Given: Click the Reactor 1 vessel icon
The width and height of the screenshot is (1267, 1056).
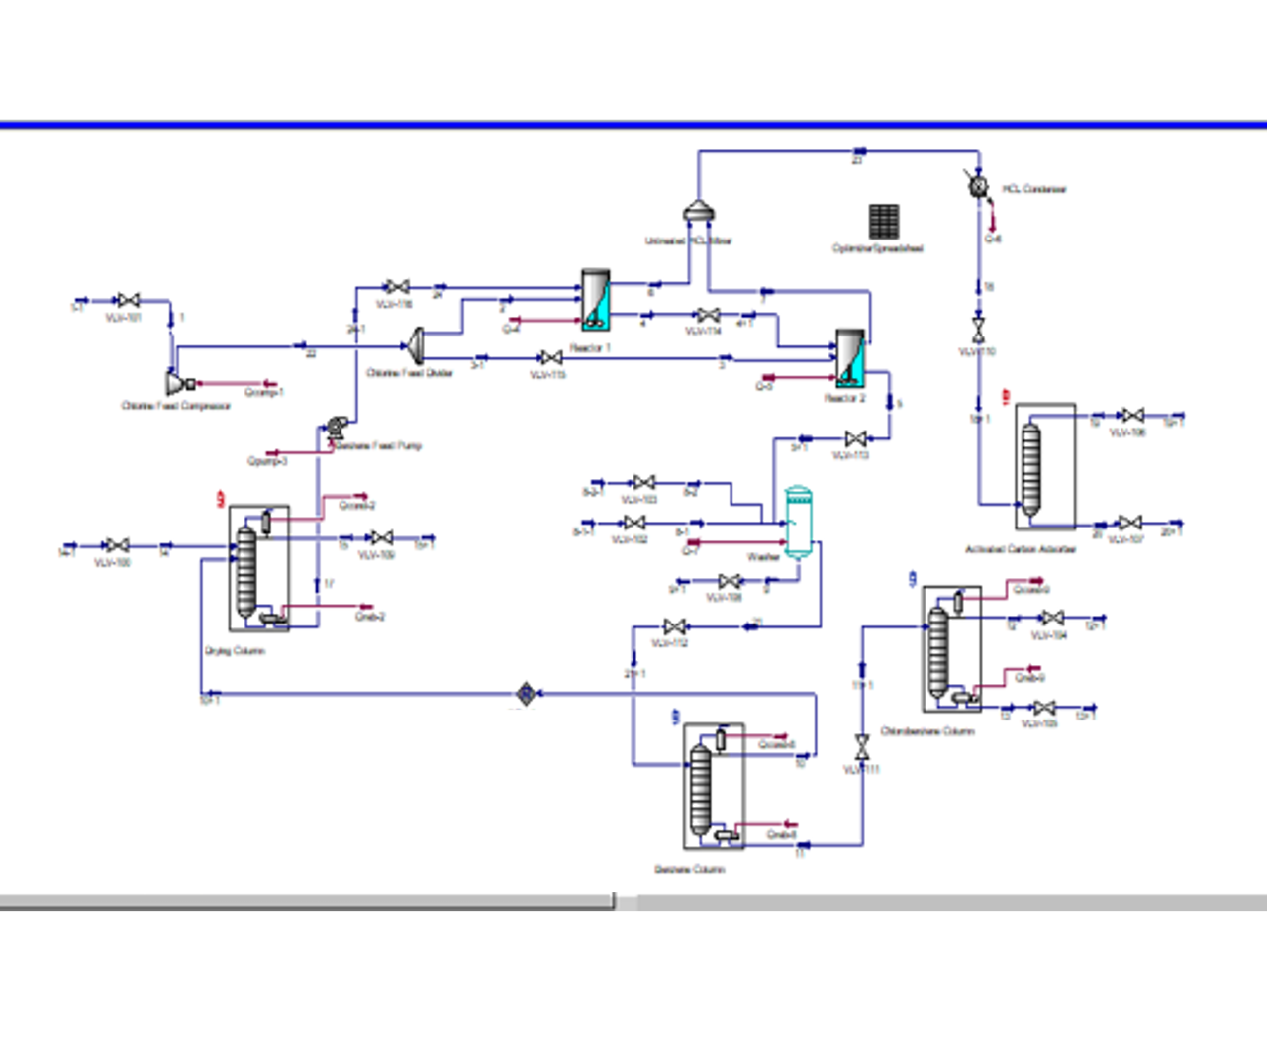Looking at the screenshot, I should (x=595, y=300).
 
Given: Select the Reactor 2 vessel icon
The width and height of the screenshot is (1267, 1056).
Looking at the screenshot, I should (x=850, y=358).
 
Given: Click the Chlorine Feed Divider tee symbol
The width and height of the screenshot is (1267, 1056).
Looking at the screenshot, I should (x=417, y=345).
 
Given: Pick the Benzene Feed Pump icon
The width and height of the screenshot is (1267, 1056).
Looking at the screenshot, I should (x=337, y=428).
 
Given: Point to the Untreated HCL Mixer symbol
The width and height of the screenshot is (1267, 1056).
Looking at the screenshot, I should (x=698, y=212).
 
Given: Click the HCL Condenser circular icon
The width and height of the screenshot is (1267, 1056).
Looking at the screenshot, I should (x=979, y=185).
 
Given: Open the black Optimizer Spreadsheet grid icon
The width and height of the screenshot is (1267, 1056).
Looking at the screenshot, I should (x=884, y=222).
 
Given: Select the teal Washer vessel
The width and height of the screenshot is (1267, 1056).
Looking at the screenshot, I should (x=798, y=521).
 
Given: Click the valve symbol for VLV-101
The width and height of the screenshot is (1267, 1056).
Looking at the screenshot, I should (x=128, y=300).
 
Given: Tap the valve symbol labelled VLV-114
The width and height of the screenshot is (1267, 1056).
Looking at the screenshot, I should (x=708, y=315).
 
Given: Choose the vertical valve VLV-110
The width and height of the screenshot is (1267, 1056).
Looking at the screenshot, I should (x=978, y=329).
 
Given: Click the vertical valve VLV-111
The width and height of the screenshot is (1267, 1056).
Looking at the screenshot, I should (x=862, y=747).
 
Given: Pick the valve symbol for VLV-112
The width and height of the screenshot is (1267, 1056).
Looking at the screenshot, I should (x=675, y=626).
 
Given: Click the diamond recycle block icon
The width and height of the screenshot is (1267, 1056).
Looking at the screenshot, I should (x=526, y=694).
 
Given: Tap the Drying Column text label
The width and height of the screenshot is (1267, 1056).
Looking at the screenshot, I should (x=235, y=651).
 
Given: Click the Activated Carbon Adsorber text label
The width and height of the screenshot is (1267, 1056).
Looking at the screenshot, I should (x=1021, y=549).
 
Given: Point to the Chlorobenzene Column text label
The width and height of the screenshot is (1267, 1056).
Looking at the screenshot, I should (x=927, y=731).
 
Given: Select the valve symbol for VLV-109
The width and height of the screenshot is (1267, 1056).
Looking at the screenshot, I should (x=381, y=537).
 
